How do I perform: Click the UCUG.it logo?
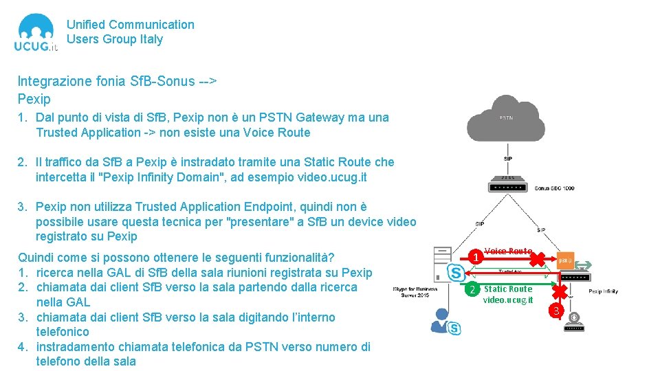point(36,33)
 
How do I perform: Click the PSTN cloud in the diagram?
point(506,119)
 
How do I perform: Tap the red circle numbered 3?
point(558,313)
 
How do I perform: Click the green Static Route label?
point(507,289)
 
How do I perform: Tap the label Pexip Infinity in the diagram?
point(603,291)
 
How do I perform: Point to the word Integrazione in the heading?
point(54,81)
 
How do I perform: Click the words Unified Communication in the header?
point(130,25)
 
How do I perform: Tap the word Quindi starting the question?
point(35,258)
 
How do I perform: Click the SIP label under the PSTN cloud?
point(507,158)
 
